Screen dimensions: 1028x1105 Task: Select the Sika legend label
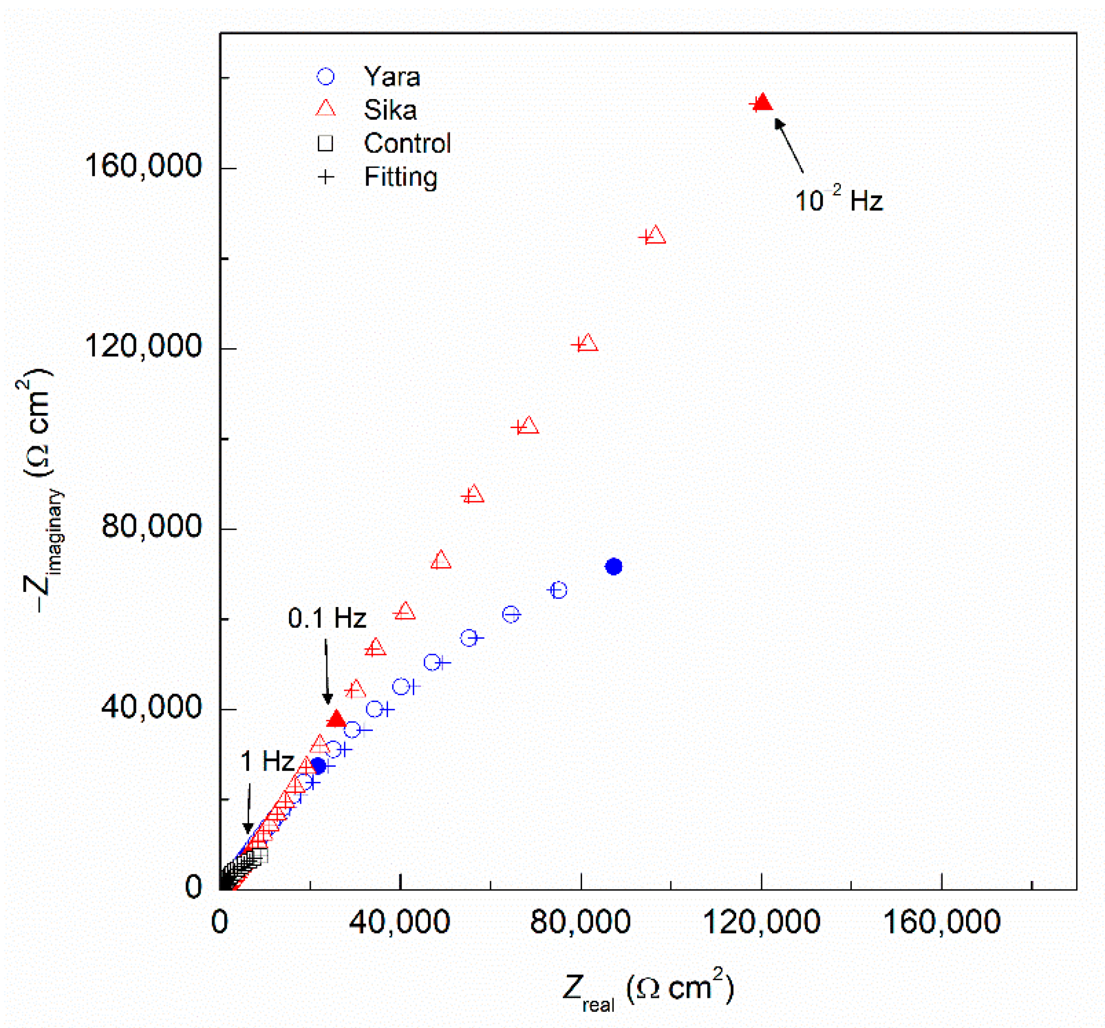pyautogui.click(x=390, y=110)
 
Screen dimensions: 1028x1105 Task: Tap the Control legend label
pyautogui.click(x=407, y=144)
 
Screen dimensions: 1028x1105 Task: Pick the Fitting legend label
pyautogui.click(x=400, y=177)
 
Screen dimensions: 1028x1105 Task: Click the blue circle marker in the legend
pyautogui.click(x=325, y=77)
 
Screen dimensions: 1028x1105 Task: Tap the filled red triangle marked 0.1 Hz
pyautogui.click(x=335, y=719)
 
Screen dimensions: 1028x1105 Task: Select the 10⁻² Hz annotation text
pyautogui.click(x=838, y=200)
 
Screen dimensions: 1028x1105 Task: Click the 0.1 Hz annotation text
pyautogui.click(x=327, y=618)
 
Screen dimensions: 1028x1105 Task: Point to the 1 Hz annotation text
pyautogui.click(x=267, y=761)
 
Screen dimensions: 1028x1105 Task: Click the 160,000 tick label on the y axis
pyautogui.click(x=143, y=166)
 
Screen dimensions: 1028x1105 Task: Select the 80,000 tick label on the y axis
pyautogui.click(x=151, y=526)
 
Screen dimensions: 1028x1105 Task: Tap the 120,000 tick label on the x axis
pyautogui.click(x=761, y=922)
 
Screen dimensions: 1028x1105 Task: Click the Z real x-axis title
pyautogui.click(x=648, y=990)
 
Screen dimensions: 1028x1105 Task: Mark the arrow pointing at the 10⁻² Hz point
pyautogui.click(x=789, y=146)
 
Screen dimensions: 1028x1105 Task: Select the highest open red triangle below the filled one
pyautogui.click(x=656, y=235)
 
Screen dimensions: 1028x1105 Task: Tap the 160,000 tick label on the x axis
pyautogui.click(x=941, y=922)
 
